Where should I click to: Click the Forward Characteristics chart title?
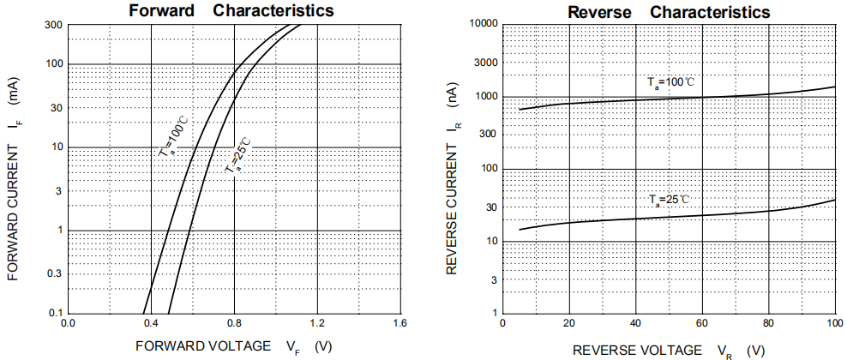[x=231, y=11]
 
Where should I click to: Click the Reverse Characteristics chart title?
[x=669, y=12]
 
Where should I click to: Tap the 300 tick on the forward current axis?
[x=52, y=24]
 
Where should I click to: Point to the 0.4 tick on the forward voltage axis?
[x=151, y=324]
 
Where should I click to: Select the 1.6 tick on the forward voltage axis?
[x=399, y=324]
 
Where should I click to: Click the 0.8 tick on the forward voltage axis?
[x=234, y=324]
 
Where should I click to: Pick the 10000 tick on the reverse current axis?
[x=483, y=23]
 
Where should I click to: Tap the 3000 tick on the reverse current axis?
[x=485, y=63]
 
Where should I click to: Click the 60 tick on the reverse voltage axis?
[x=702, y=323]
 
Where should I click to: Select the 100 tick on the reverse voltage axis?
[x=834, y=323]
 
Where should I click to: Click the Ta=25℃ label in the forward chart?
[x=238, y=154]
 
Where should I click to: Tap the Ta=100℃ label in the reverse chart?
[x=670, y=82]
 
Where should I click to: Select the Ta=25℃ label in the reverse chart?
[x=669, y=200]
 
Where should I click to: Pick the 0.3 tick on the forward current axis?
[x=54, y=273]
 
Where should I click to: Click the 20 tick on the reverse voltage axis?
[x=568, y=323]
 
